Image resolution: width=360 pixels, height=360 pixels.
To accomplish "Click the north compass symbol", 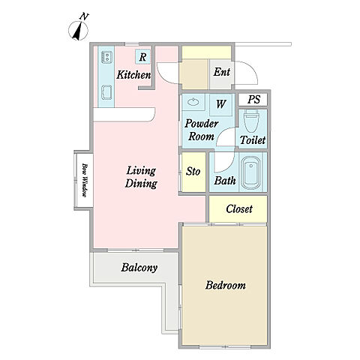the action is coord(79,29).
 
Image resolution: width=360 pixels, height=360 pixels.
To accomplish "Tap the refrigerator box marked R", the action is coord(142,57).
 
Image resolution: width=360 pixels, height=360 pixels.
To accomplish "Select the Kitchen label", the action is coord(133,75).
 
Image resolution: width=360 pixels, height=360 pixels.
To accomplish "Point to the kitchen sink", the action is coord(106,93).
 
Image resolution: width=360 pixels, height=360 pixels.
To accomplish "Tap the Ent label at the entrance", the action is coord(222,72).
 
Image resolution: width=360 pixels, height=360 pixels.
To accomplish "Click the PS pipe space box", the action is coord(253,100).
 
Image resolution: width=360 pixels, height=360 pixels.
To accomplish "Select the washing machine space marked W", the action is coord(221,103).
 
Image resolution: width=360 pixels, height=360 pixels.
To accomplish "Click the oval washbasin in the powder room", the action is coord(193,102).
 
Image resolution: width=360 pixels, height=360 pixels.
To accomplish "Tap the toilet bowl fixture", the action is coord(252,121).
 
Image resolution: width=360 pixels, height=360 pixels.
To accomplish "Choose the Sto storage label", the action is coord(193,172).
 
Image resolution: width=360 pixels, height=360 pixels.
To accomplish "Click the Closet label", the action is coord(239,208).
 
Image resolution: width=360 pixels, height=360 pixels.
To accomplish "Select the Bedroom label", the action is coord(225,285).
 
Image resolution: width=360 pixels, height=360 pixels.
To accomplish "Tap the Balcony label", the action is coord(139,268).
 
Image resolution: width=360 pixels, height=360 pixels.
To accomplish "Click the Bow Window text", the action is coord(85,180).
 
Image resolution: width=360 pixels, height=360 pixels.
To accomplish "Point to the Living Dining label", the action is coord(141,177).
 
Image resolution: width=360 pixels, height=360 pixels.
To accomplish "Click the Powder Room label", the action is coord(201,130).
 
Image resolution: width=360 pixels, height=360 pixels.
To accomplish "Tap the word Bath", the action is coord(225,181).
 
